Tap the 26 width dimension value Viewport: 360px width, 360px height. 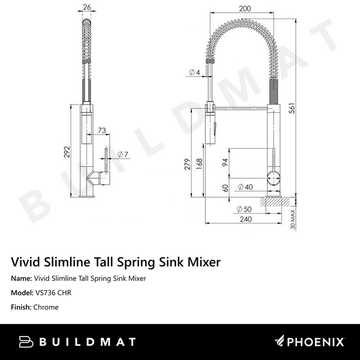[x=87, y=8]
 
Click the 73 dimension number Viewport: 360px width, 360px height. [x=103, y=130]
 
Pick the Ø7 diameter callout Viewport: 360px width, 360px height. [x=122, y=154]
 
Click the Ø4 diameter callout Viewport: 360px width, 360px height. [x=194, y=73]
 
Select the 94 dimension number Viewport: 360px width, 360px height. [x=224, y=162]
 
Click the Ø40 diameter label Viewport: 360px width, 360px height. [x=245, y=187]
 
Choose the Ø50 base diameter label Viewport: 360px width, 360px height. [x=244, y=209]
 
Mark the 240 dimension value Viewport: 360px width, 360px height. [x=245, y=219]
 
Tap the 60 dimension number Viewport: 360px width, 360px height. [x=224, y=187]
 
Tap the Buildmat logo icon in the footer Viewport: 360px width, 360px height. [x=25, y=342]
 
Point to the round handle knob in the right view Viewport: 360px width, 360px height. [x=273, y=178]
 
